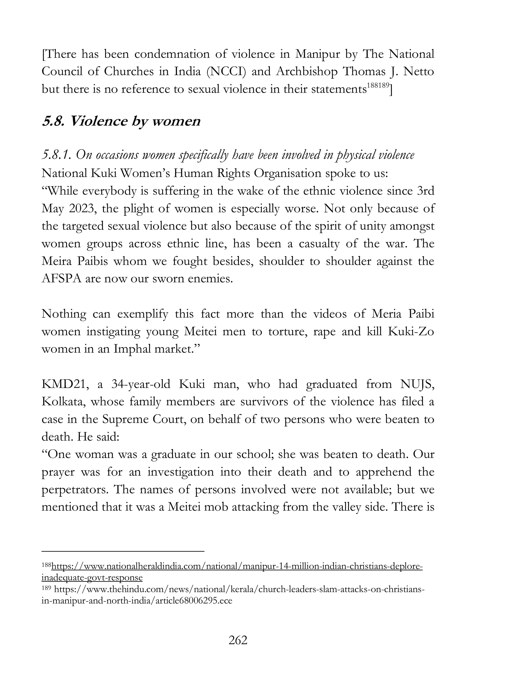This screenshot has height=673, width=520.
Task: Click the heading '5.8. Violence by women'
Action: [121, 121]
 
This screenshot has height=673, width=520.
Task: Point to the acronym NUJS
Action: [417, 384]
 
